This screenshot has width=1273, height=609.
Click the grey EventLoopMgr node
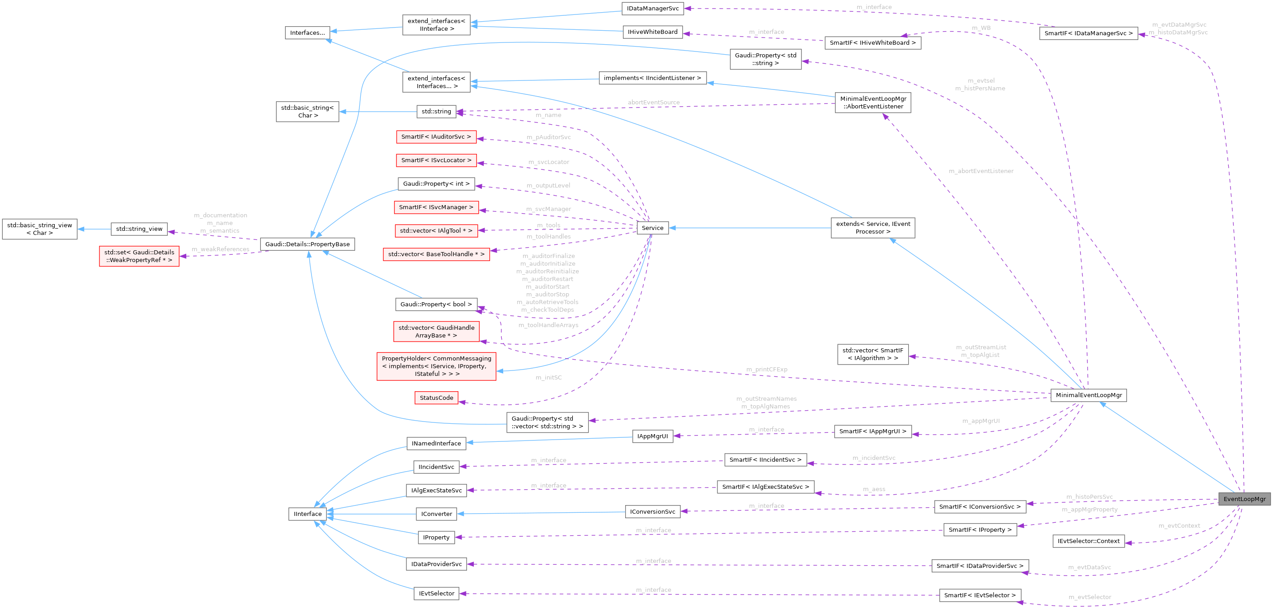[x=1244, y=499]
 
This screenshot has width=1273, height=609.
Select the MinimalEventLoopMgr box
[x=1088, y=395]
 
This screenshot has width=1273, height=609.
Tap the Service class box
[x=652, y=228]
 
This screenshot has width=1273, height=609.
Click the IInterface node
[x=307, y=514]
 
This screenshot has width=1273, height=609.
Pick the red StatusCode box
[x=436, y=398]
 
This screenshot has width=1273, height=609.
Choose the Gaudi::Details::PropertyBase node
[x=307, y=244]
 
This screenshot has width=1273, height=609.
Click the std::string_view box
[x=139, y=229]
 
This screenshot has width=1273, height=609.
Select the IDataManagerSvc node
[x=652, y=9]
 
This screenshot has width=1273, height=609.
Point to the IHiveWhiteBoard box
[x=652, y=32]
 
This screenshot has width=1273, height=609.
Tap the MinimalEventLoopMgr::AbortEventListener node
[x=873, y=102]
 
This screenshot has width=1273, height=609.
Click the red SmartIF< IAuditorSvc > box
[x=436, y=137]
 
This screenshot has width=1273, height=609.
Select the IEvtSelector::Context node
[x=1088, y=541]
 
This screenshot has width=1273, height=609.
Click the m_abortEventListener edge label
[x=981, y=171]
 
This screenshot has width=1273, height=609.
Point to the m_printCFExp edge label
[x=767, y=370]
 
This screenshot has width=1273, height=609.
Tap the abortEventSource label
[x=653, y=102]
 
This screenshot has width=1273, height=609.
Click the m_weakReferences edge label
[x=221, y=249]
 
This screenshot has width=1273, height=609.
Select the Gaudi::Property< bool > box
[x=436, y=304]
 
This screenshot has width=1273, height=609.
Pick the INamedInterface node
[x=436, y=443]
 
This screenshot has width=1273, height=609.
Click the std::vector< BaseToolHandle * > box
[x=436, y=254]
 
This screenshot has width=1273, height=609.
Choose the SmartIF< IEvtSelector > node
[x=980, y=595]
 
